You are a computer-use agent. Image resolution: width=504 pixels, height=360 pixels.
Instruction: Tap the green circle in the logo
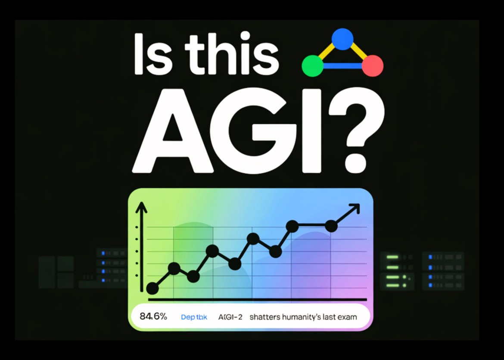pyautogui.click(x=312, y=66)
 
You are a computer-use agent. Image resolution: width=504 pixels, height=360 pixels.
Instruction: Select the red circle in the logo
pyautogui.click(x=373, y=66)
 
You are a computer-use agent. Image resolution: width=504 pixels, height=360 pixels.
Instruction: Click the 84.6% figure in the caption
pyautogui.click(x=154, y=317)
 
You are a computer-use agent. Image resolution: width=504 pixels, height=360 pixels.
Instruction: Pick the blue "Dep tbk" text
pyautogui.click(x=194, y=317)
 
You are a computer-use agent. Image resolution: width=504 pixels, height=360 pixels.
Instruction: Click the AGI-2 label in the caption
pyautogui.click(x=230, y=317)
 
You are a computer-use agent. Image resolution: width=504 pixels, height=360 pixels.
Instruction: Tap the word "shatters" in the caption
pyautogui.click(x=264, y=317)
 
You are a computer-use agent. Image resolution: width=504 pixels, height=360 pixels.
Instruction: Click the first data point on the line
pyautogui.click(x=152, y=289)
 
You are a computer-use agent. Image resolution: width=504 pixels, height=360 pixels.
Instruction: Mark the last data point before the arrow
pyautogui.click(x=331, y=226)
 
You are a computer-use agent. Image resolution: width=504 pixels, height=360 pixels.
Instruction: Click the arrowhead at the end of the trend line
pyautogui.click(x=355, y=208)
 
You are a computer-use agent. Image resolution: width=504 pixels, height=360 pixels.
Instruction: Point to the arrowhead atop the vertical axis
pyautogui.click(x=142, y=208)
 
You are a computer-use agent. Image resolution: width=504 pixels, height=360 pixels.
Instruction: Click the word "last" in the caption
pyautogui.click(x=330, y=317)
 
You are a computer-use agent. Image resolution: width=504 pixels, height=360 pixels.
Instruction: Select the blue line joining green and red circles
pyautogui.click(x=342, y=66)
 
